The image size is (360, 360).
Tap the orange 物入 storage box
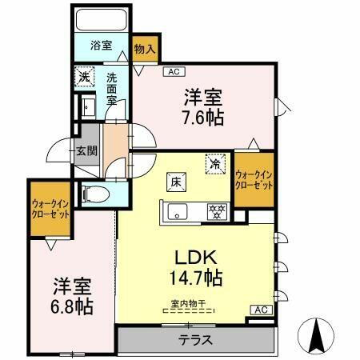pyautogui.click(x=144, y=50)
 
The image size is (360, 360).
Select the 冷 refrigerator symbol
pyautogui.click(x=215, y=162)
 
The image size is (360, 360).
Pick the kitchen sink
pyautogui.click(x=175, y=211)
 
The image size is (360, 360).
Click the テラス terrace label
pyautogui.click(x=195, y=340)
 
